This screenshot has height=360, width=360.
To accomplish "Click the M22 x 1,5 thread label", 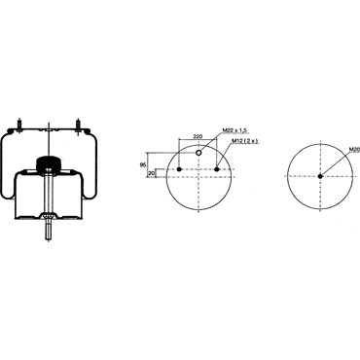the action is coord(234,130).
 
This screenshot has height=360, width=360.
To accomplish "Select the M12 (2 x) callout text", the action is coord(244,141).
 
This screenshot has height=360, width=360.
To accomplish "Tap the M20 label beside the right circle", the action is coord(354,150).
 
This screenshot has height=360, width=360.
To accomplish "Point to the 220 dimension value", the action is coord(198,136).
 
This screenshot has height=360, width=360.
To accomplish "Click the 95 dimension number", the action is coord(142,165).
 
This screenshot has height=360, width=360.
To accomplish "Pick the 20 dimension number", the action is coord(151,173).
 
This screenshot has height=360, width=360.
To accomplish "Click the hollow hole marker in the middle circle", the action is coord(198,153).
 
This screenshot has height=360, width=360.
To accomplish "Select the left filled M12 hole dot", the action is coord(179,169).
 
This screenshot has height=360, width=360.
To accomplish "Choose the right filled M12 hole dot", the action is coord(217,169).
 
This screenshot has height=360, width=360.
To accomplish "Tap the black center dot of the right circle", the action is coord(320,176).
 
